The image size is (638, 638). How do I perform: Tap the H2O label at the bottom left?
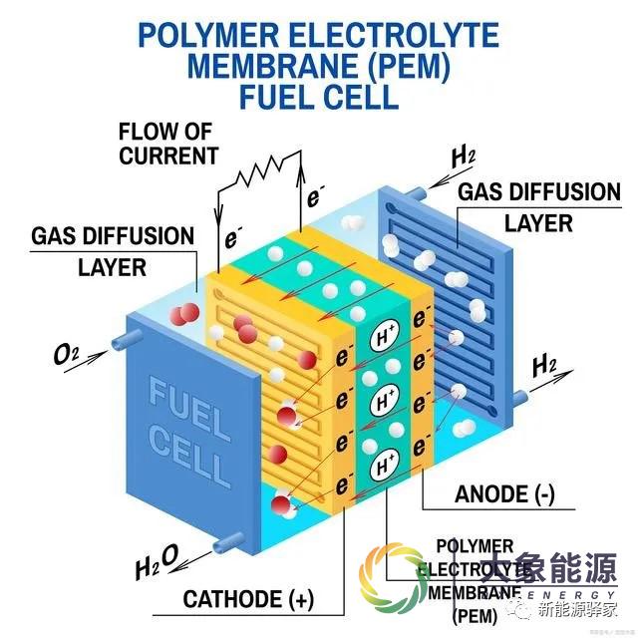coord(158,564)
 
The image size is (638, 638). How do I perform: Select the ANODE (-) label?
coord(504,495)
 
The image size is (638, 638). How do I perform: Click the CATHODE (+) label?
coord(248,599)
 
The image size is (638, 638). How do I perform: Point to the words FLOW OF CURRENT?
coord(168,144)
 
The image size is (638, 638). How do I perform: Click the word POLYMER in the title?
coord(204,37)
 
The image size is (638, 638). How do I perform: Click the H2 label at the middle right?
coord(544,366)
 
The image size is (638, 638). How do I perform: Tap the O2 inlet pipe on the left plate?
coord(116,344)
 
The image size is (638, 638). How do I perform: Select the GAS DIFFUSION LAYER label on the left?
coord(113,251)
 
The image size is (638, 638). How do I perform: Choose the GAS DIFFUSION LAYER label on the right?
coord(537,206)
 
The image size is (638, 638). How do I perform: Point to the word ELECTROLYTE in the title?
coord(389,37)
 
